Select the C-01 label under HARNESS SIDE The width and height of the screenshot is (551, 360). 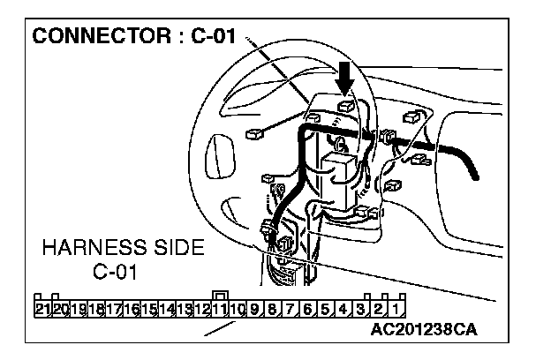pyautogui.click(x=115, y=271)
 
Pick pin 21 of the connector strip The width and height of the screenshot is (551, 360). pyautogui.click(x=42, y=309)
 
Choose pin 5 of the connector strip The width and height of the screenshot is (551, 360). pyautogui.click(x=325, y=309)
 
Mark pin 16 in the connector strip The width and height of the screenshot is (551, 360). pyautogui.click(x=132, y=309)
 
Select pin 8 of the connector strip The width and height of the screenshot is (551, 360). pyautogui.click(x=272, y=309)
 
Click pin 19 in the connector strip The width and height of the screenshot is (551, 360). pyautogui.click(x=79, y=309)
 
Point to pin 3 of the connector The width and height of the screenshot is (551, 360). pyautogui.click(x=360, y=309)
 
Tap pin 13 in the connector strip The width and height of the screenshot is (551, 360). pyautogui.click(x=185, y=309)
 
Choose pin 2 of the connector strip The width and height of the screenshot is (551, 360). pyautogui.click(x=378, y=309)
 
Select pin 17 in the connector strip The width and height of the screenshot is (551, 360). pyautogui.click(x=114, y=309)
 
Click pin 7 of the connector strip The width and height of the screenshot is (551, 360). pyautogui.click(x=290, y=309)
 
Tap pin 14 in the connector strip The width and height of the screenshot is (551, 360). pyautogui.click(x=167, y=309)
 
